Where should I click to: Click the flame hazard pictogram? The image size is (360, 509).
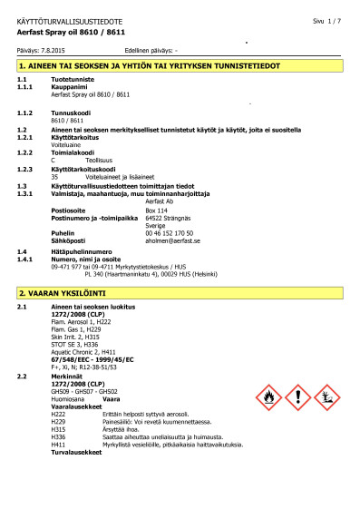(x=269, y=396)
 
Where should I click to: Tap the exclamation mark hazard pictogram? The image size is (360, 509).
(x=298, y=396)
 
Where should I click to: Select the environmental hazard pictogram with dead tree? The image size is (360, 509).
(x=327, y=396)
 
